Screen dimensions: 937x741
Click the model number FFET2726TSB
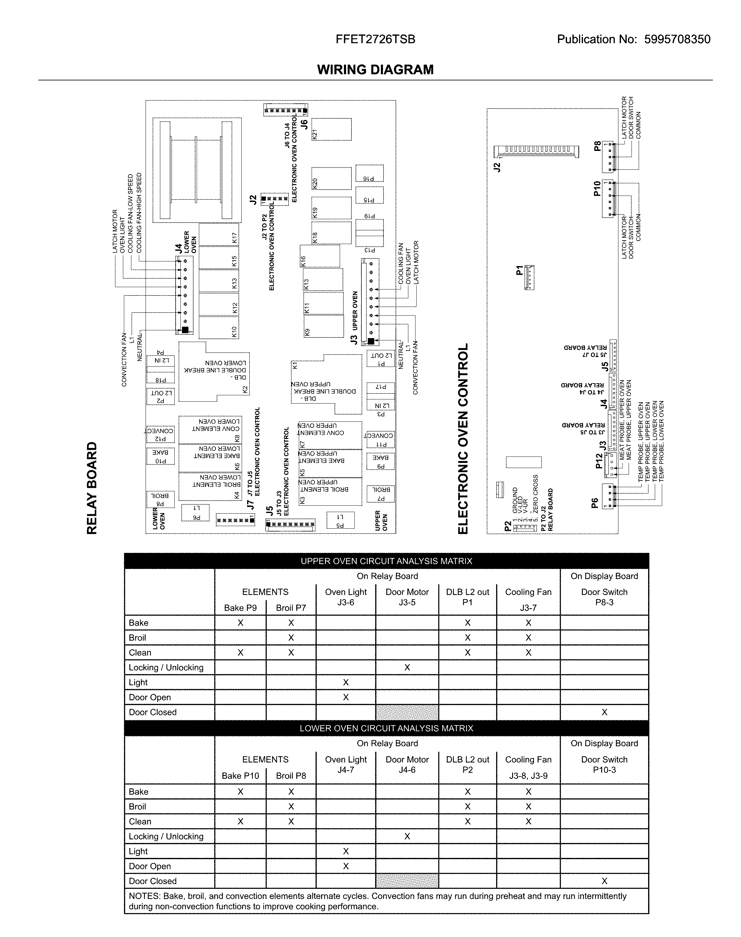(x=375, y=40)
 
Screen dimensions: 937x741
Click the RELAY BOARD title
(x=92, y=488)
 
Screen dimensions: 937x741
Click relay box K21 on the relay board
(x=331, y=129)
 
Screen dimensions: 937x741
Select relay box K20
(x=331, y=178)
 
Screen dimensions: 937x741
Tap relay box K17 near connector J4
(x=219, y=234)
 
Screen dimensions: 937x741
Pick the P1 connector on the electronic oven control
(x=529, y=278)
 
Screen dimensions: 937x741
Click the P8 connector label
(x=597, y=146)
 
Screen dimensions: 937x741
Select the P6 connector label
(x=595, y=502)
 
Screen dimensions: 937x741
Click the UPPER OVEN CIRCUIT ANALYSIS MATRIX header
(x=386, y=561)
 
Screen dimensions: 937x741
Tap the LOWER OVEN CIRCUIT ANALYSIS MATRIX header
(x=386, y=728)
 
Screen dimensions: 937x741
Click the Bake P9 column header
(x=240, y=608)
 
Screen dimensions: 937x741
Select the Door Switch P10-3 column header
(x=604, y=764)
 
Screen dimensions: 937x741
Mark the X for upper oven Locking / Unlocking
(x=407, y=668)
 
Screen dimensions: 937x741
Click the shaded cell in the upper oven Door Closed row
(x=407, y=712)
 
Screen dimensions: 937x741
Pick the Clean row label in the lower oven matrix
(x=140, y=822)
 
